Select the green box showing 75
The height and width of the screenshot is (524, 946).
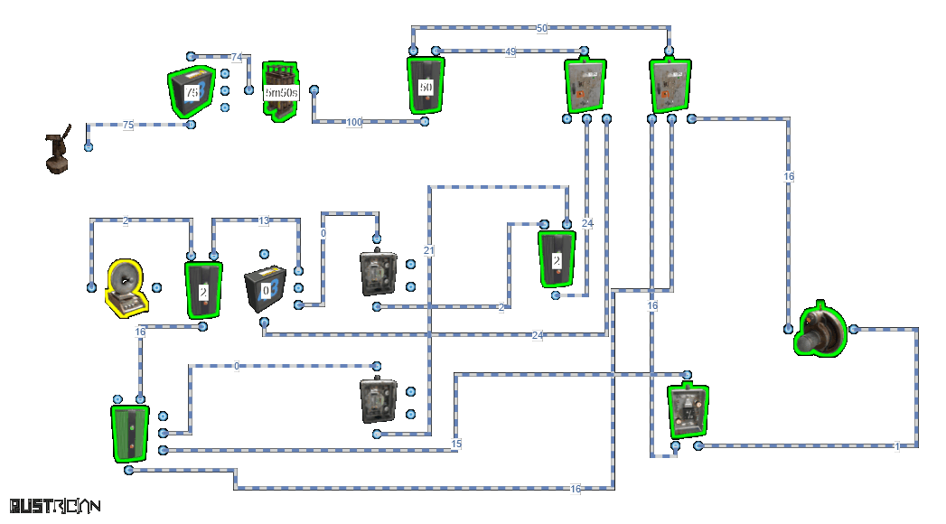[x=192, y=92]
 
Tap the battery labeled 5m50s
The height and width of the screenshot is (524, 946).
[x=280, y=91]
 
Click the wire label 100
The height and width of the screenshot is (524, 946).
[x=354, y=122]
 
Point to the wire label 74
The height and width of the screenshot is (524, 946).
[x=237, y=57]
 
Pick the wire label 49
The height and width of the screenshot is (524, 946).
[x=510, y=51]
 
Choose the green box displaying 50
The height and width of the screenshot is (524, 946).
[x=426, y=86]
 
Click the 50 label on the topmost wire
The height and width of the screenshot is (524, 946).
[x=542, y=29]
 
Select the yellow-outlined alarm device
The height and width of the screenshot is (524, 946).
[x=126, y=288]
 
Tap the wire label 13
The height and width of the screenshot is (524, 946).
[x=264, y=220]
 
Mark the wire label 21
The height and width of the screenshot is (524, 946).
[x=429, y=250]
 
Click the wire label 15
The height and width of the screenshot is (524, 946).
[x=456, y=444]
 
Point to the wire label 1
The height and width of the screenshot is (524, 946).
[x=896, y=446]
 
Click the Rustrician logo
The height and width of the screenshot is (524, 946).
[x=54, y=506]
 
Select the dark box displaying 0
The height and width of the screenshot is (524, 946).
[x=267, y=291]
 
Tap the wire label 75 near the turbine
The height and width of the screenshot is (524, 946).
[x=127, y=126]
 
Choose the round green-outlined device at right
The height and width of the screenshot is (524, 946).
[x=820, y=332]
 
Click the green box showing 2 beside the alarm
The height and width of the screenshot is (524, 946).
[x=203, y=290]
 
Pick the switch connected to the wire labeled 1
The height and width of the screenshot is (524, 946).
[x=688, y=411]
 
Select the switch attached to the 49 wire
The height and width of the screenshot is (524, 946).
[x=585, y=86]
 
